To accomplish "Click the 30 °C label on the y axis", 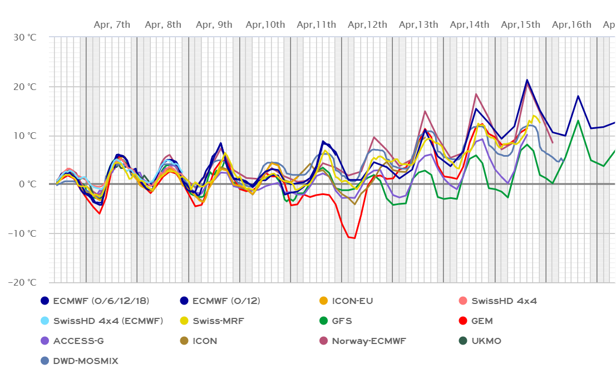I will (24, 37).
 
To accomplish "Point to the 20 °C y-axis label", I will (24, 86).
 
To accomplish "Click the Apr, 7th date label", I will (112, 24).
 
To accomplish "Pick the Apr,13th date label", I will (418, 24).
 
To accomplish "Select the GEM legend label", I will (481, 321).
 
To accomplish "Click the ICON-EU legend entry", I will (352, 301).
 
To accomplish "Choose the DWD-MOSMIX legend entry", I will (86, 361).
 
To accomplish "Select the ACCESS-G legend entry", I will (78, 341).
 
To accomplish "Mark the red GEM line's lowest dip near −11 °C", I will (354, 238).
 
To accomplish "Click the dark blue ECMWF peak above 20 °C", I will (527, 80).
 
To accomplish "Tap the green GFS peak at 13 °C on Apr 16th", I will (578, 121).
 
